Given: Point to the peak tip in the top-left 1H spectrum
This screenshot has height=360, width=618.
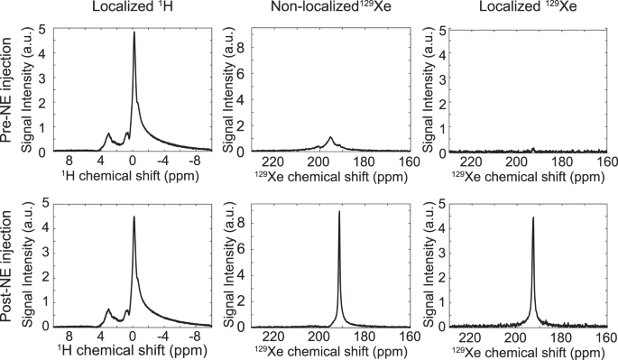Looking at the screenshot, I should (x=134, y=32).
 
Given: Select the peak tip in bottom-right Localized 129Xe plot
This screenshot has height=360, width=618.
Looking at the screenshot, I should (x=533, y=217).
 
